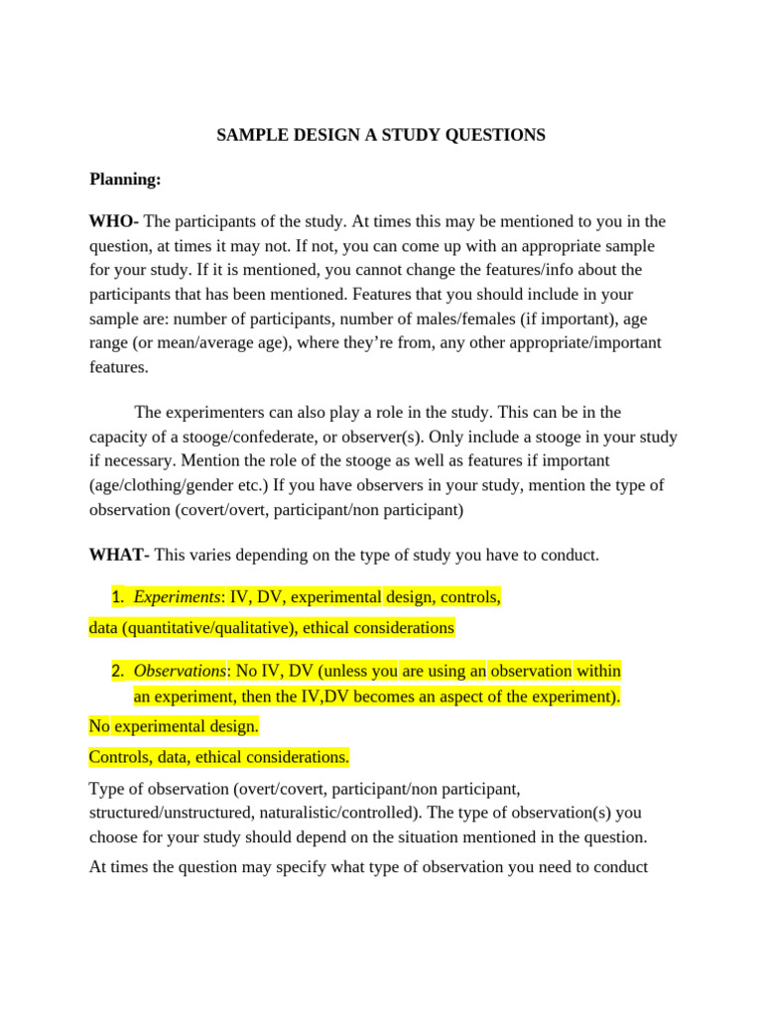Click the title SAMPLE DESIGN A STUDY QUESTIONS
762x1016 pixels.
coord(381,135)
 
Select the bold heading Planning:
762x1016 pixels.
coord(125,180)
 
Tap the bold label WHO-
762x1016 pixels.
coord(114,221)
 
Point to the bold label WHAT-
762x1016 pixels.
coord(119,555)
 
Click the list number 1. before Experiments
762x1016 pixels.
coord(118,597)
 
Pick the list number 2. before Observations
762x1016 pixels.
coord(118,672)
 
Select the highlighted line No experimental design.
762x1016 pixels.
coord(174,726)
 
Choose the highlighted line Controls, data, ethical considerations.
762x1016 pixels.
coord(219,757)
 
